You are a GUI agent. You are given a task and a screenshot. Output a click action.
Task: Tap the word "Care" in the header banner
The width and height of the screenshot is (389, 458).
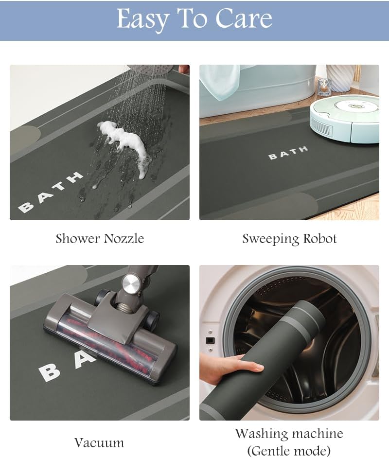[x=244, y=18]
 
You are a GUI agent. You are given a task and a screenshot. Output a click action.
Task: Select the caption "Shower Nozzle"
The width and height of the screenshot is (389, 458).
[x=100, y=238]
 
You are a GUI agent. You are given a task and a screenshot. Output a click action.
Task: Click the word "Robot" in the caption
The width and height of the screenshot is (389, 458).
[x=320, y=238]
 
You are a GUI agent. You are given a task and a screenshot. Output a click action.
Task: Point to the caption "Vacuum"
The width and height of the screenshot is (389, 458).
[x=99, y=442]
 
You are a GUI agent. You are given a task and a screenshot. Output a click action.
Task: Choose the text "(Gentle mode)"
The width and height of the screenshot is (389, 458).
[x=289, y=450]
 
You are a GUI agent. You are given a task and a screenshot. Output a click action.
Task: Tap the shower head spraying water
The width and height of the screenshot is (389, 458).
[x=151, y=70]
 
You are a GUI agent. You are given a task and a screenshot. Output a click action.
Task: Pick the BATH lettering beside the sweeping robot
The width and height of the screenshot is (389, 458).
[x=288, y=153]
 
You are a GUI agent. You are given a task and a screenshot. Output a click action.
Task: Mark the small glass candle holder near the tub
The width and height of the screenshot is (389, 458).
[x=324, y=87]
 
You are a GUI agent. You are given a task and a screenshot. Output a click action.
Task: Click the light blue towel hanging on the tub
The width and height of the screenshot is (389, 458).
[x=220, y=81]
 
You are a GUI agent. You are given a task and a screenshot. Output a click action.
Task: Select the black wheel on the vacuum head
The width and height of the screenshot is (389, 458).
[x=153, y=319]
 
